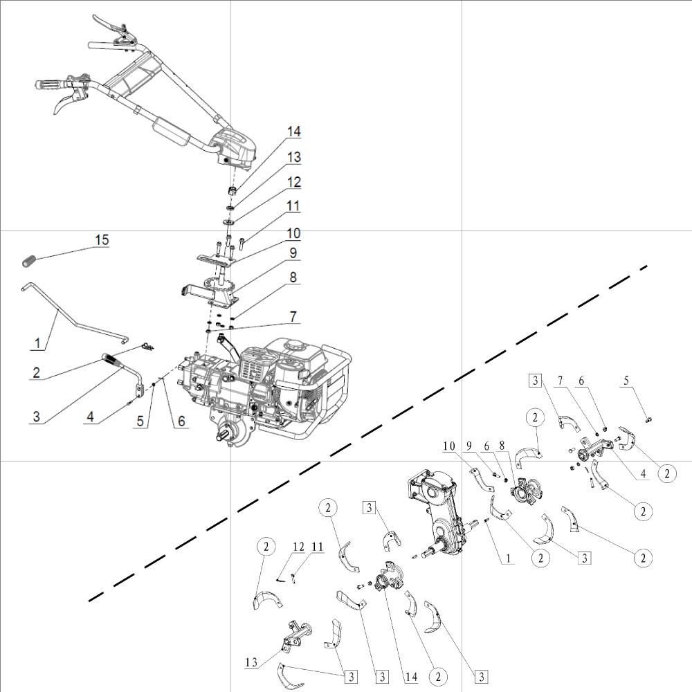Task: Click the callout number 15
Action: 102,240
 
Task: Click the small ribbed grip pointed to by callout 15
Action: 28,262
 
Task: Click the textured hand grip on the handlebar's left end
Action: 52,86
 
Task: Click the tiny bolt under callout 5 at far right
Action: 649,419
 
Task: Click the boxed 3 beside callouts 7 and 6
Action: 535,379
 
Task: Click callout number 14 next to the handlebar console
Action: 295,131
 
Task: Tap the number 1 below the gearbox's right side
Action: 509,556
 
